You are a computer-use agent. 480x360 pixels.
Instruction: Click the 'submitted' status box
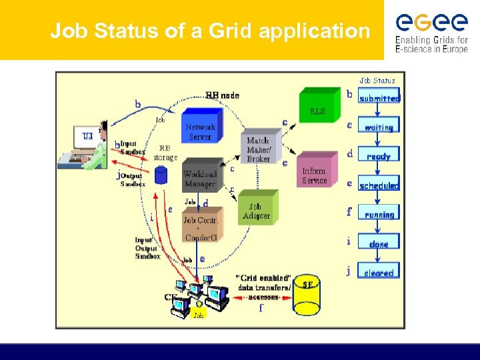(379, 98)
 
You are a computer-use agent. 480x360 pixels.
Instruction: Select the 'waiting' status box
(379, 127)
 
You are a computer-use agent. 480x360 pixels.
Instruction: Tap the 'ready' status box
(379, 156)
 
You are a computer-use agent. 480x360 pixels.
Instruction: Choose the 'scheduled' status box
(379, 185)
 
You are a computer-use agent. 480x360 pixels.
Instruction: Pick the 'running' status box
(379, 215)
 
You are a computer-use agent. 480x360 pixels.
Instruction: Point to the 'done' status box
(379, 244)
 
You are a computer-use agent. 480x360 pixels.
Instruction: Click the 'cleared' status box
(379, 272)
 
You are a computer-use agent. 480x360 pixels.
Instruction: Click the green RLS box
(319, 109)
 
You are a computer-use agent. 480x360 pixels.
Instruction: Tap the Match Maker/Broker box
(258, 148)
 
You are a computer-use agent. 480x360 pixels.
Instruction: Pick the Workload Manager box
(200, 177)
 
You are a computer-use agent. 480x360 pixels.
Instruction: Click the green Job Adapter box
(256, 209)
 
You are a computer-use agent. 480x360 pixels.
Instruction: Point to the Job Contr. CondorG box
(200, 227)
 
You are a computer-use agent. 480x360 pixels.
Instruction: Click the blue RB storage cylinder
(160, 175)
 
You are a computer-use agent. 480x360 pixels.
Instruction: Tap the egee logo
(431, 30)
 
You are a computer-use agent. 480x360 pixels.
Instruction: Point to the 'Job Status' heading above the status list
(377, 81)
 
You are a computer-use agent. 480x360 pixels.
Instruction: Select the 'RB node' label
(222, 95)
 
